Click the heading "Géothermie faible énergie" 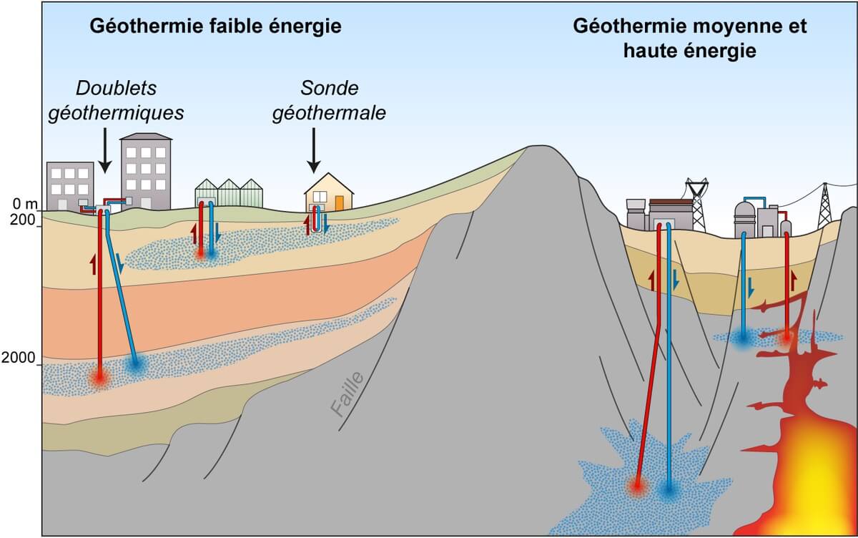point(214,27)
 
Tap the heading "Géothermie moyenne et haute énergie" point(690,39)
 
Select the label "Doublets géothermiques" point(117,100)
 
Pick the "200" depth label point(24,221)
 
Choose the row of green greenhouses point(229,193)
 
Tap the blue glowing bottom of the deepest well point(669,491)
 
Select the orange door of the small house point(339,202)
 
